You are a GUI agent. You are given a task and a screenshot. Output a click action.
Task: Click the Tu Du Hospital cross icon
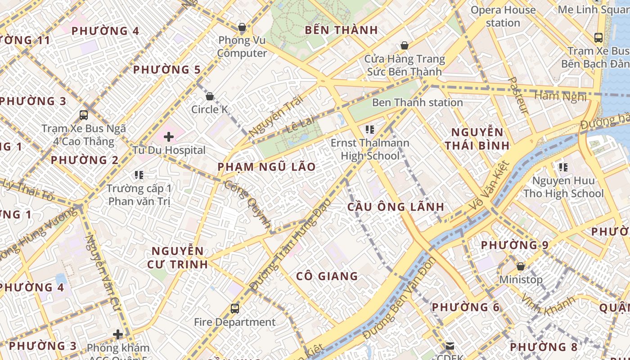click(169, 136)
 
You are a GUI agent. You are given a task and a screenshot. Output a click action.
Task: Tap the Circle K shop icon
click(209, 96)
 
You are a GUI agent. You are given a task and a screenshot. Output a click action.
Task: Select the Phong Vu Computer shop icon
click(242, 27)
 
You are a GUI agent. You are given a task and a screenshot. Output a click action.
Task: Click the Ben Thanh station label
click(417, 103)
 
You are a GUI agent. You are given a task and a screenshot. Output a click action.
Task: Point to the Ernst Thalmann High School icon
click(370, 130)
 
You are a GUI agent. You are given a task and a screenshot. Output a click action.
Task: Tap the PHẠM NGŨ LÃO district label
click(267, 167)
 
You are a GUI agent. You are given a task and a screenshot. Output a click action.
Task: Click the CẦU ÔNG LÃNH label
click(396, 207)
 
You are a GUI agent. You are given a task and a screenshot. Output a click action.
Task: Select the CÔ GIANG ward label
click(327, 276)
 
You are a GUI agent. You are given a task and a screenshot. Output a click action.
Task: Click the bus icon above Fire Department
click(235, 309)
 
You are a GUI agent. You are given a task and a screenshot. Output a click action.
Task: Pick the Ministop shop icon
click(521, 266)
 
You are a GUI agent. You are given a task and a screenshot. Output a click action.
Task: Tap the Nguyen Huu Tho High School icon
click(563, 167)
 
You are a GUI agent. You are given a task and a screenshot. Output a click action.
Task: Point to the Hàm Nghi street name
click(560, 96)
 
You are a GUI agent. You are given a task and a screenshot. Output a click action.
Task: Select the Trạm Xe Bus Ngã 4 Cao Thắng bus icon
click(84, 115)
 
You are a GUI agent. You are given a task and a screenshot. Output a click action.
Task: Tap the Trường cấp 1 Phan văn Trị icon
click(139, 175)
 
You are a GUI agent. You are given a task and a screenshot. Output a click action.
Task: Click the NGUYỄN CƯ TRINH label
click(178, 257)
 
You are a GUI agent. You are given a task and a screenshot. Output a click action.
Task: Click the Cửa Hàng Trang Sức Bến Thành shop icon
click(405, 45)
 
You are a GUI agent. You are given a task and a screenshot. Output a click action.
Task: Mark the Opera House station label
click(503, 16)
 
